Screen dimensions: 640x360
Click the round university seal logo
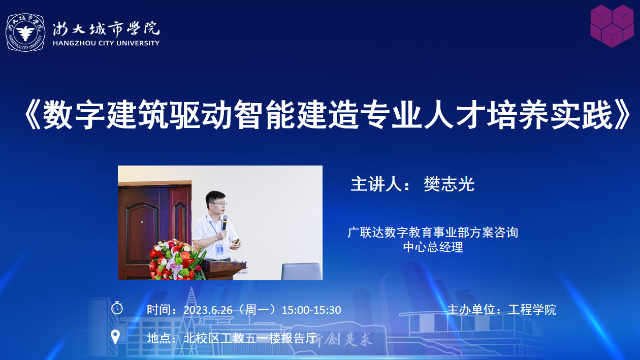25,32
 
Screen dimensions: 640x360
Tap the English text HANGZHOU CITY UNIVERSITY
106,43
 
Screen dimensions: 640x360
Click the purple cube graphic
612,26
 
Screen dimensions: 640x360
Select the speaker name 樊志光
449,184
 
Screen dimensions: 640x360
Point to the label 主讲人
376,184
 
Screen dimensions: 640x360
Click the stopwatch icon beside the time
117,308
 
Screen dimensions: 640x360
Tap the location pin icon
115,337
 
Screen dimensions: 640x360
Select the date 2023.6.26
208,310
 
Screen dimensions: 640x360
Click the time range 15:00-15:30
311,310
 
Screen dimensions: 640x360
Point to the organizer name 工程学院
532,310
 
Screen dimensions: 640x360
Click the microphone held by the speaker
225,222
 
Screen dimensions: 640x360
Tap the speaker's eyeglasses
218,204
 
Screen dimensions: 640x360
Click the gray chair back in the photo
301,272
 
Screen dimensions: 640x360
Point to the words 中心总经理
433,247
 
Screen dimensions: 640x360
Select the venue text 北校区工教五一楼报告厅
250,338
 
